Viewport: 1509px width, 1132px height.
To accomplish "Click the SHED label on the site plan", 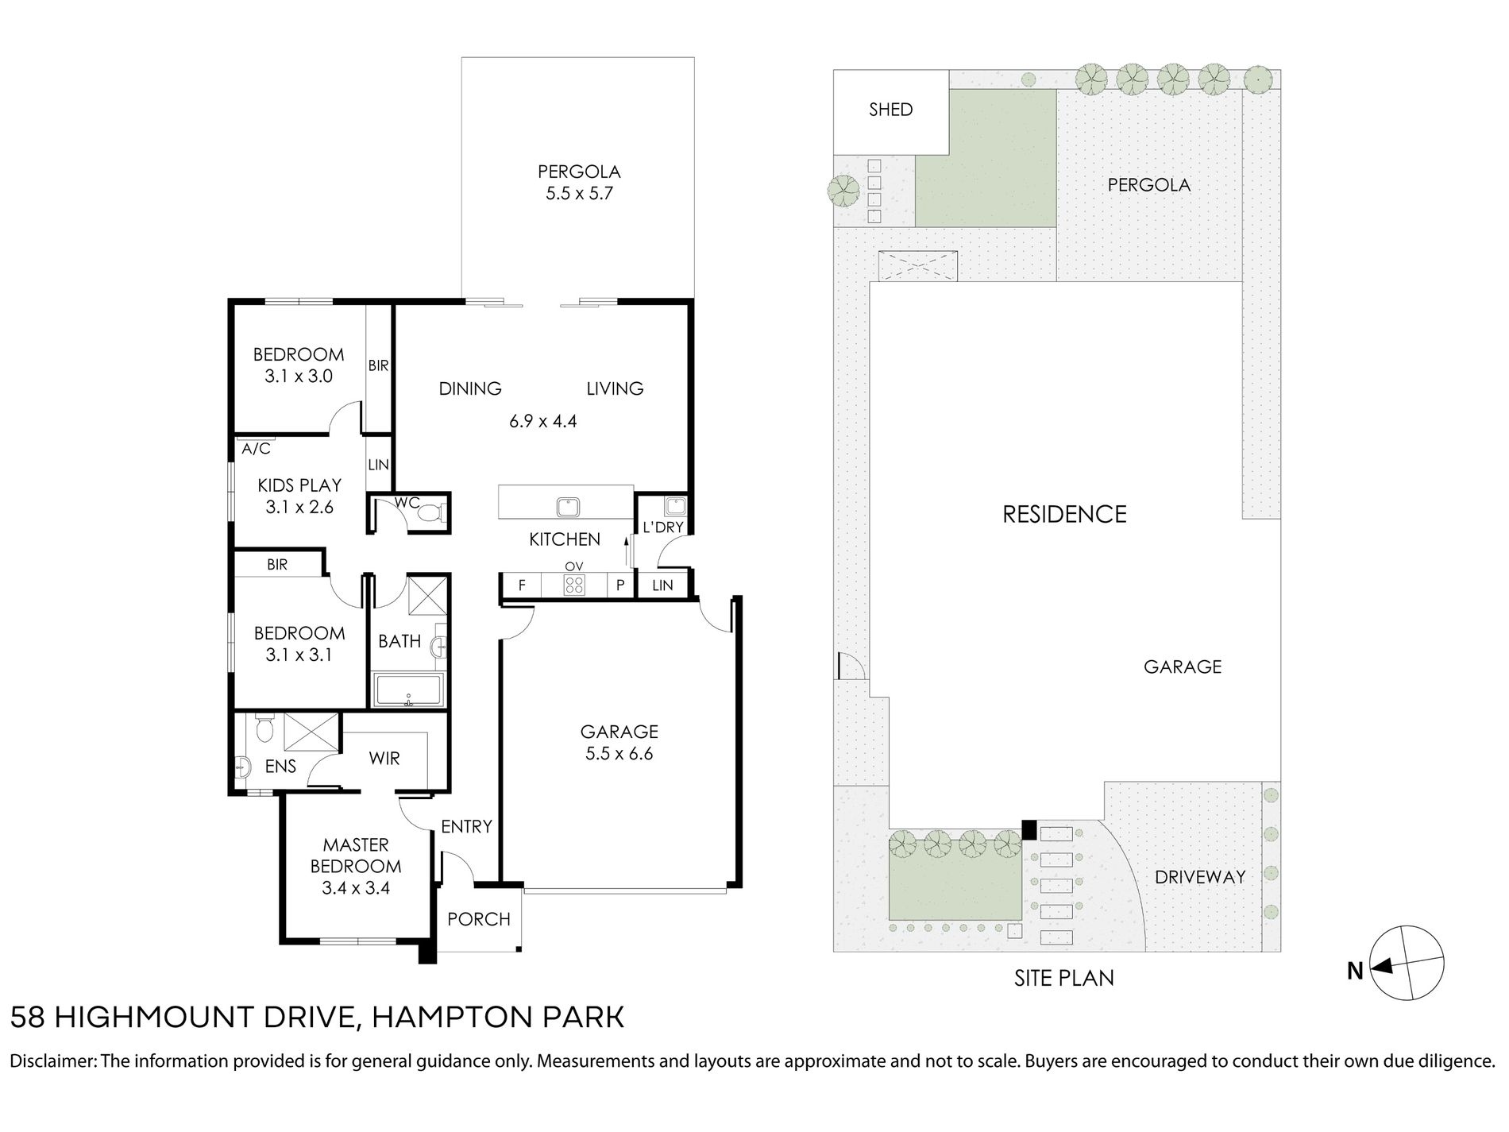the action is pyautogui.click(x=890, y=110).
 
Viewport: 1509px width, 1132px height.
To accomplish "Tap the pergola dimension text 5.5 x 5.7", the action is pyautogui.click(x=579, y=193).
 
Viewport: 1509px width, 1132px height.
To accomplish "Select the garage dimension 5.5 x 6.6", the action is pyautogui.click(x=619, y=753).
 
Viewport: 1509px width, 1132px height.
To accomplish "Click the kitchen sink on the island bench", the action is pyautogui.click(x=569, y=506).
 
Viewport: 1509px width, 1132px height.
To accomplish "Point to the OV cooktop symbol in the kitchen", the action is pyautogui.click(x=573, y=586).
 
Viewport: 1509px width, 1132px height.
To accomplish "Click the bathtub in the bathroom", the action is pyautogui.click(x=408, y=690).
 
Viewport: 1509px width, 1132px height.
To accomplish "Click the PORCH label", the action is pyautogui.click(x=478, y=919).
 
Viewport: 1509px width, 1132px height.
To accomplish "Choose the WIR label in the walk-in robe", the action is pyautogui.click(x=384, y=759).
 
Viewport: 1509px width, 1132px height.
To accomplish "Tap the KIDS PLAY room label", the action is pyautogui.click(x=299, y=485).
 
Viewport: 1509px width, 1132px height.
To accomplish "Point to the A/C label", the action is pyautogui.click(x=257, y=450).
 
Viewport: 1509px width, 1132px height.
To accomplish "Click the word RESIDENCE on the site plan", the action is pyautogui.click(x=1064, y=515).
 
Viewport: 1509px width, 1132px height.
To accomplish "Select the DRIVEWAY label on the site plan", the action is pyautogui.click(x=1200, y=878).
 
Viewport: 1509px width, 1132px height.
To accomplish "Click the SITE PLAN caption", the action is pyautogui.click(x=1064, y=978).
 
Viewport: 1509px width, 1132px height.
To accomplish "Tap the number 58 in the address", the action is pyautogui.click(x=25, y=1018).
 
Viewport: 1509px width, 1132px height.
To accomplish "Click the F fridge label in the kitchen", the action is pyautogui.click(x=522, y=586).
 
